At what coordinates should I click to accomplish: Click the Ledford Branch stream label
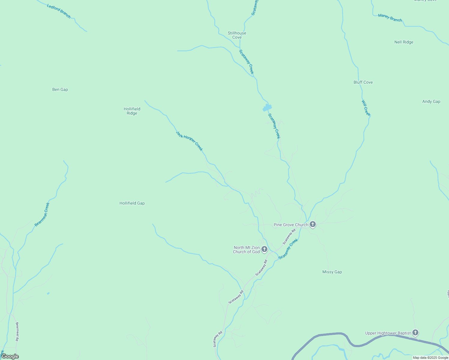click(59, 11)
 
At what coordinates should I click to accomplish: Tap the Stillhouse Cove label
click(237, 35)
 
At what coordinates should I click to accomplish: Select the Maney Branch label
click(390, 18)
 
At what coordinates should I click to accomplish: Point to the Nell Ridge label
click(404, 42)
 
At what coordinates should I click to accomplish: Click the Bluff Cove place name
click(363, 82)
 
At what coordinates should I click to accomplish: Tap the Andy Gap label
click(431, 102)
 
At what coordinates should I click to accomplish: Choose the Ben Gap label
click(60, 90)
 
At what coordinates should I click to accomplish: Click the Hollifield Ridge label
click(132, 111)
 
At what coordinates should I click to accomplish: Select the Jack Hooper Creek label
click(189, 141)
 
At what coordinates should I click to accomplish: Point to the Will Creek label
click(366, 108)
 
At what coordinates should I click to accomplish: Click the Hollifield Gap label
click(132, 203)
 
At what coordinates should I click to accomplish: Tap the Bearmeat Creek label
click(42, 214)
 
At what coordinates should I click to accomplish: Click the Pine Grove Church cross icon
click(313, 224)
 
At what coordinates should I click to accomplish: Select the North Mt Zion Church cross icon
click(264, 249)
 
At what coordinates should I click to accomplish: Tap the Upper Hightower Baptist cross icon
click(415, 332)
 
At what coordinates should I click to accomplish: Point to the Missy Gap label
click(332, 272)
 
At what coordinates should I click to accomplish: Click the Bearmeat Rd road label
click(17, 331)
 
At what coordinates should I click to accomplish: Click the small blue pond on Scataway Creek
click(267, 107)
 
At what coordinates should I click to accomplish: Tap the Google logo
click(10, 356)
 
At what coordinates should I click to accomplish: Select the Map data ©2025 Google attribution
click(430, 358)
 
